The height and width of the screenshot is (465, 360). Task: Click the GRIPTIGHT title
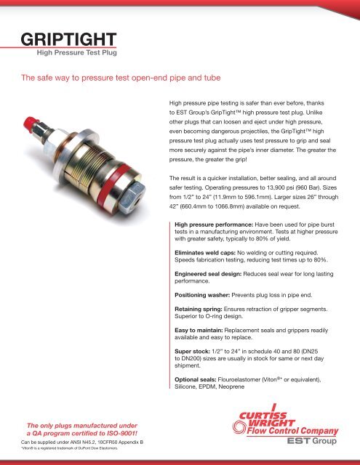pos(66,39)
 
